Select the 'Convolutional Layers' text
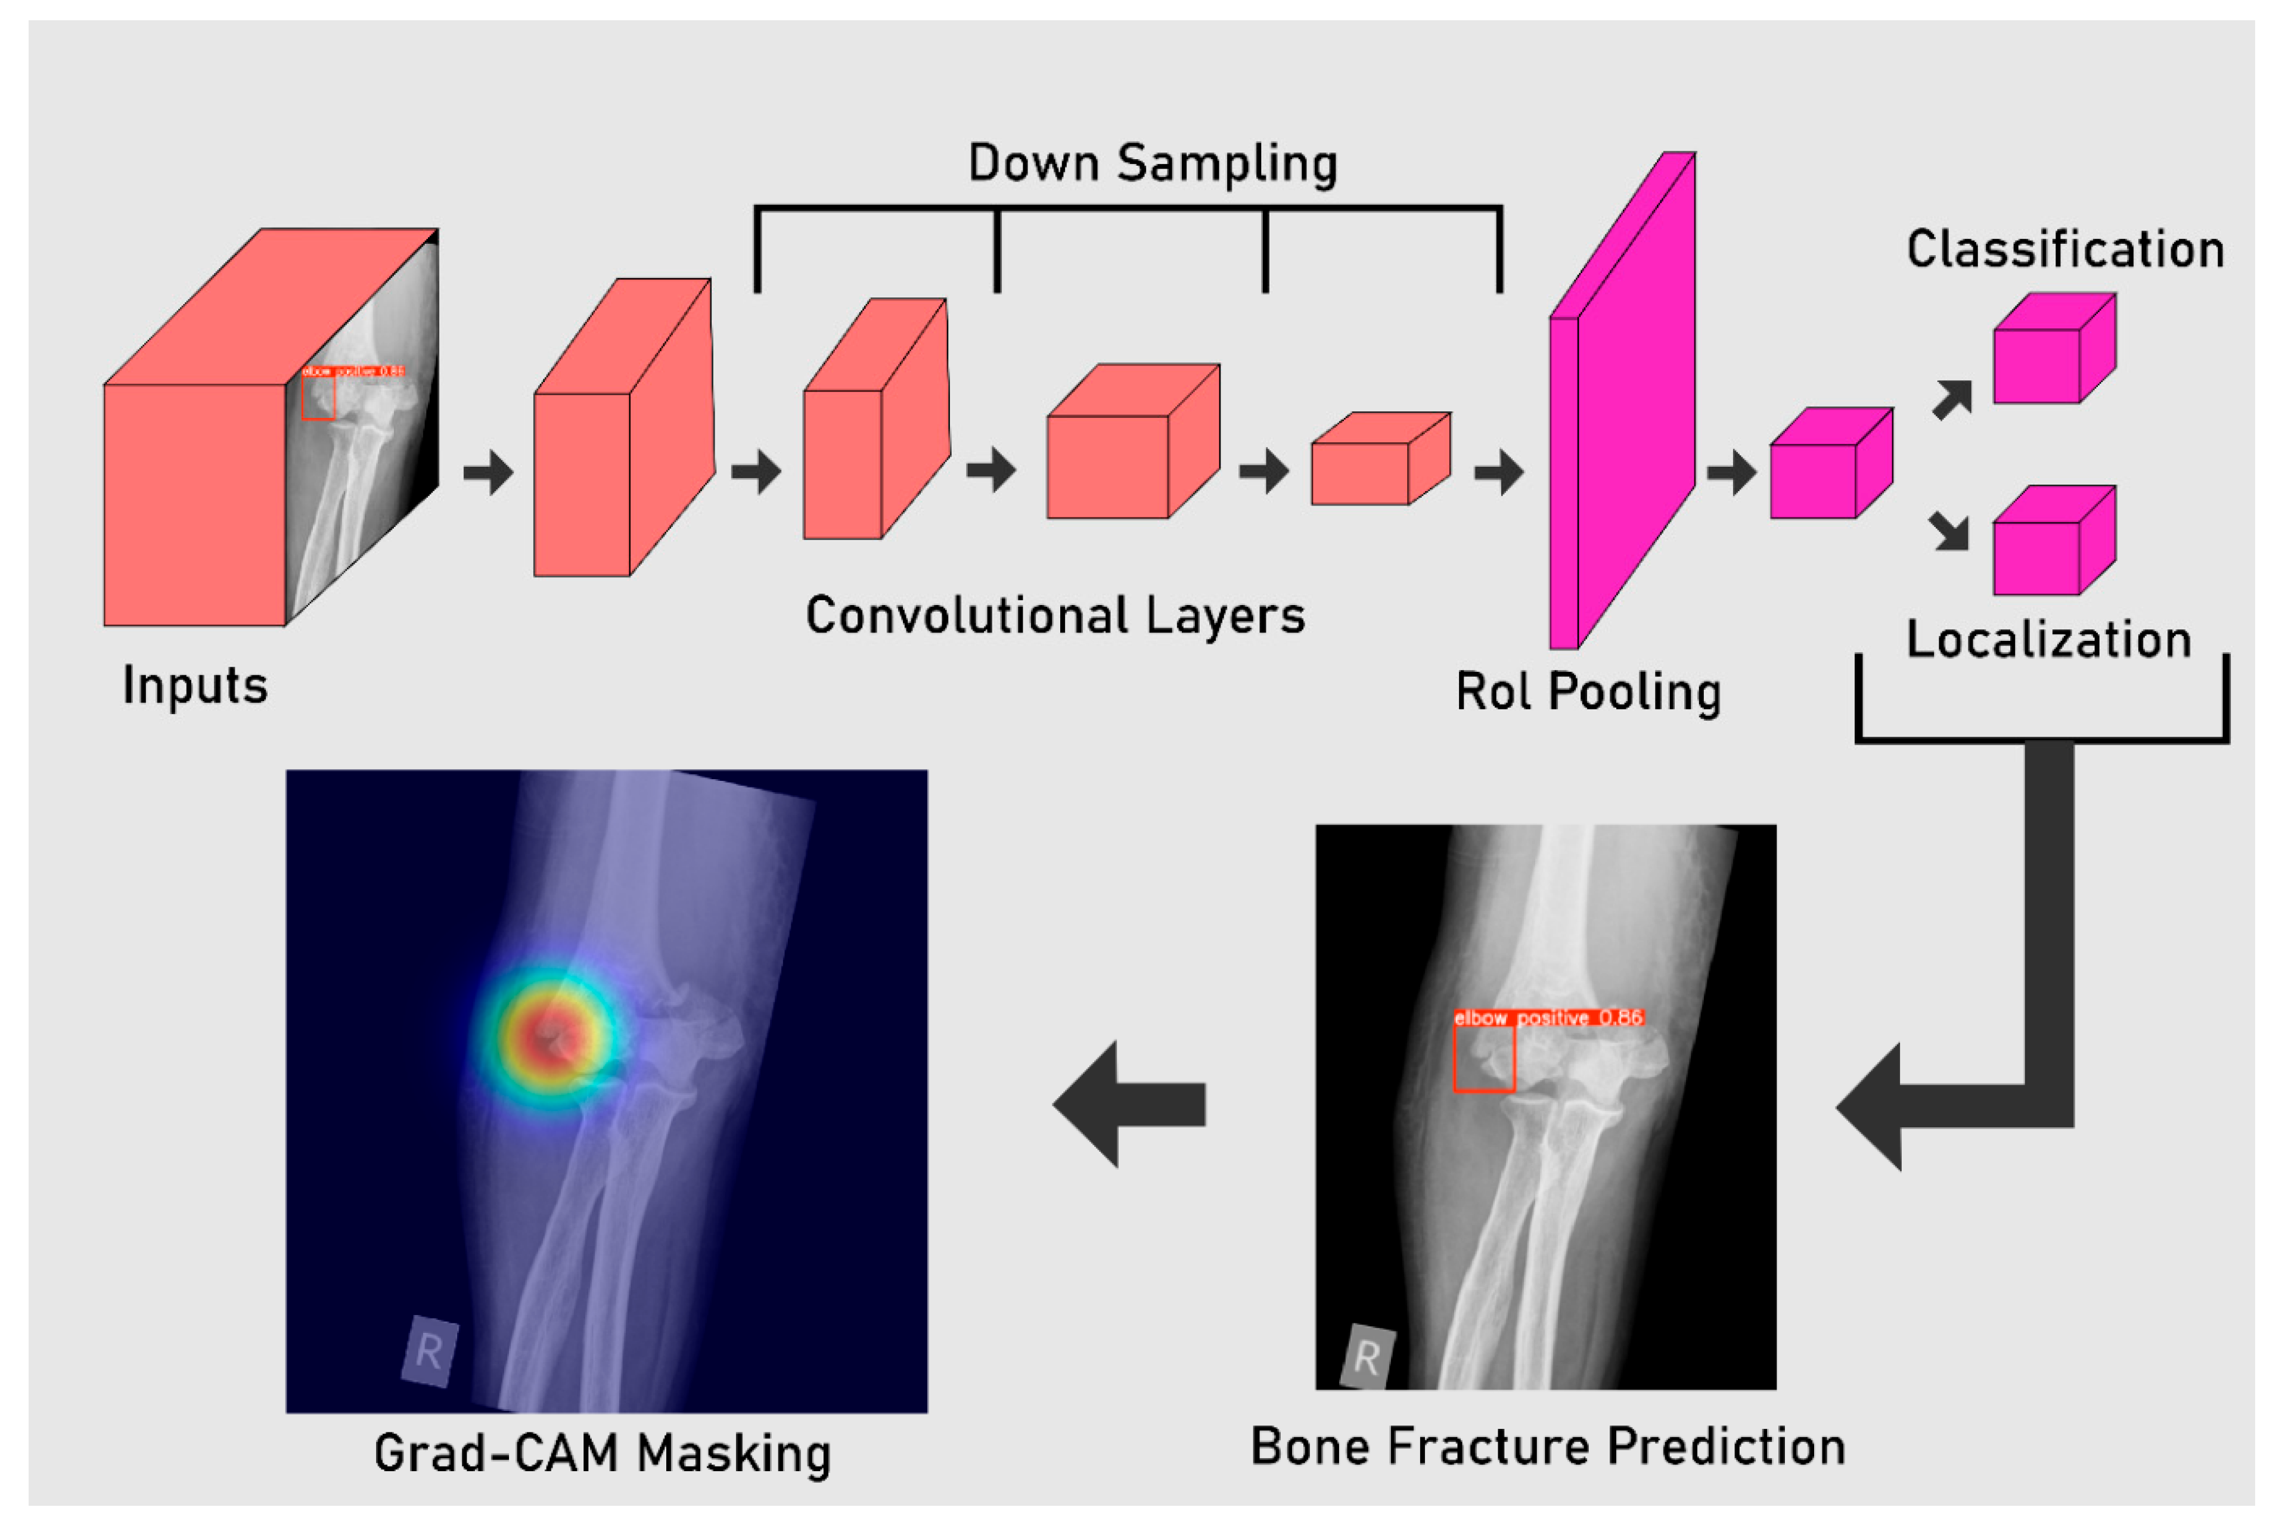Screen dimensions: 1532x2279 [x=1054, y=616]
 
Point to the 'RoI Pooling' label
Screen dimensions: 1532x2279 [x=1588, y=691]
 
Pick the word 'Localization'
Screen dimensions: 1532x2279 [x=2048, y=640]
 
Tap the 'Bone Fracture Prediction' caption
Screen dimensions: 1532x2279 [x=1547, y=1447]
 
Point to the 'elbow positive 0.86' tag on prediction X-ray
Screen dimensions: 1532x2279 [x=1547, y=1018]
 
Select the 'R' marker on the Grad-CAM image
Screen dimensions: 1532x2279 [x=429, y=1351]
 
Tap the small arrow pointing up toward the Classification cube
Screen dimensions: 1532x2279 [x=1952, y=399]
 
